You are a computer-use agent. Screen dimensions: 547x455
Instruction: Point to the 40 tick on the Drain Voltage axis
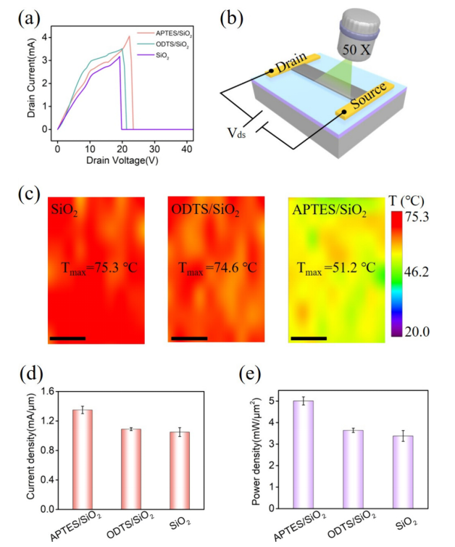[x=185, y=149]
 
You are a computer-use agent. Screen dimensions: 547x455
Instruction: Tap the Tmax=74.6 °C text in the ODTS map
[x=215, y=268]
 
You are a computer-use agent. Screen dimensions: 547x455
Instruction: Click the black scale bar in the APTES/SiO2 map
[x=308, y=337]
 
